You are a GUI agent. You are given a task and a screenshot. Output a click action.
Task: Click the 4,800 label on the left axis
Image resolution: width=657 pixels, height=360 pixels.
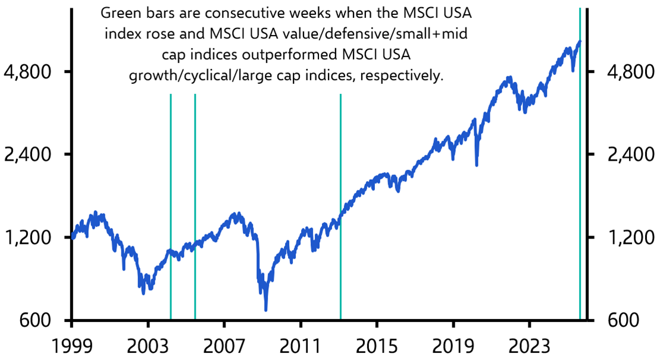(x=30, y=72)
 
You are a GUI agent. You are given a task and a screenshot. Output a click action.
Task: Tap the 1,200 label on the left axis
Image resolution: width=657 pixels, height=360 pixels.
(x=30, y=238)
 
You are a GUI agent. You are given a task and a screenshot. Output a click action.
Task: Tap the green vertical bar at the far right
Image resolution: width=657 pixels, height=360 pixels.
(x=580, y=179)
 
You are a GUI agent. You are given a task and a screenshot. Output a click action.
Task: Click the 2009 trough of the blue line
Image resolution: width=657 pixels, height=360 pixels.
(x=266, y=308)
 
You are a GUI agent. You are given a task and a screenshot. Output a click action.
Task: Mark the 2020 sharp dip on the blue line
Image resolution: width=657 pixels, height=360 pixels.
(x=477, y=164)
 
